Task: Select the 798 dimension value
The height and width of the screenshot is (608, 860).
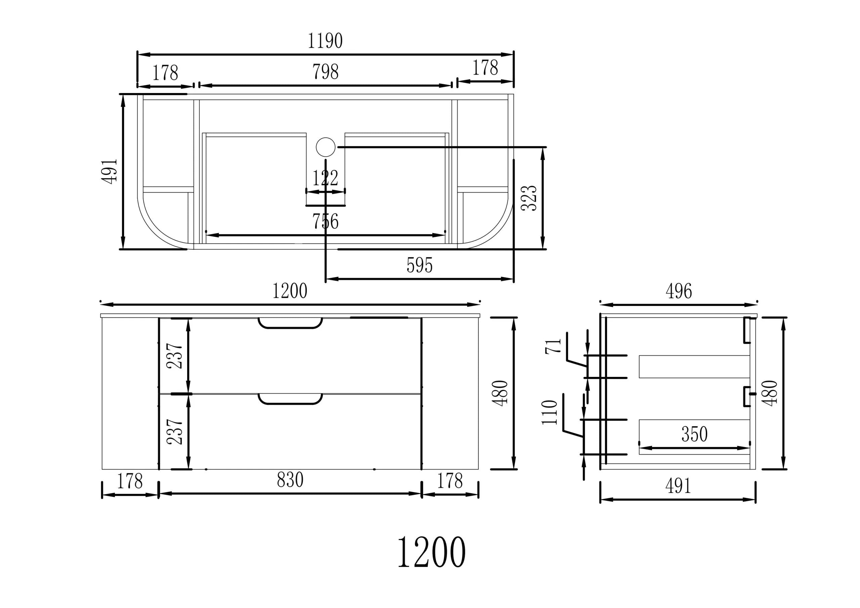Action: (x=326, y=72)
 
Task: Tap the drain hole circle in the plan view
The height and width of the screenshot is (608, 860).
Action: (x=326, y=147)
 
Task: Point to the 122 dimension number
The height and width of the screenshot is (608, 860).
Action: (x=326, y=178)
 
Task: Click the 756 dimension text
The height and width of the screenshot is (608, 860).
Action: (x=326, y=221)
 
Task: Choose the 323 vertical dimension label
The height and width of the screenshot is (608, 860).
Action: (x=529, y=198)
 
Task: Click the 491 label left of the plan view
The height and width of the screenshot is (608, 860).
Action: (x=110, y=171)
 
